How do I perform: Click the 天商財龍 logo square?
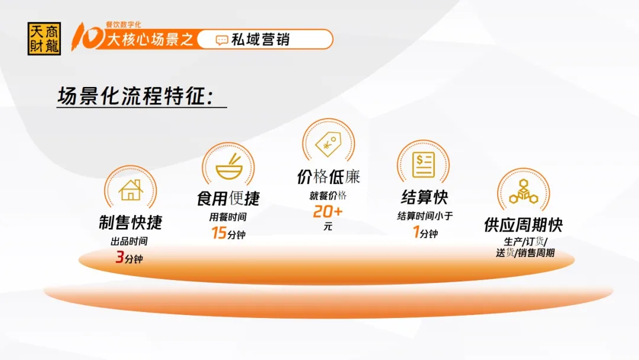tap(44, 38)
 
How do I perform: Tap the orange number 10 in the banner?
tap(88, 37)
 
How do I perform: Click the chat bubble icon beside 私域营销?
tap(222, 40)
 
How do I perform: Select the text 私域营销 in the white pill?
tap(260, 40)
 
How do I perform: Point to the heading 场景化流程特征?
tap(135, 97)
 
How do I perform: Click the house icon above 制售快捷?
tap(131, 190)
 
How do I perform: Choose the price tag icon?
tap(328, 143)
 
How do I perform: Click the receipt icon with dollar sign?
tap(424, 165)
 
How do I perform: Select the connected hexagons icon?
tap(524, 192)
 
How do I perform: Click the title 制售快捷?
tap(131, 223)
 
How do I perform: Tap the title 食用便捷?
tap(228, 198)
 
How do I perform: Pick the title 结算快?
tap(424, 197)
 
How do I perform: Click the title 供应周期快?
tap(524, 224)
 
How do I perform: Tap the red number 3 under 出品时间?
tap(120, 257)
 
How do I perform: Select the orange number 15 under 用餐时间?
tap(219, 233)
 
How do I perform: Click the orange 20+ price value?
tap(328, 211)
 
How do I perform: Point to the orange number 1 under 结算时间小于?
tap(416, 232)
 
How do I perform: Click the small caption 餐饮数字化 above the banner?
tap(124, 25)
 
